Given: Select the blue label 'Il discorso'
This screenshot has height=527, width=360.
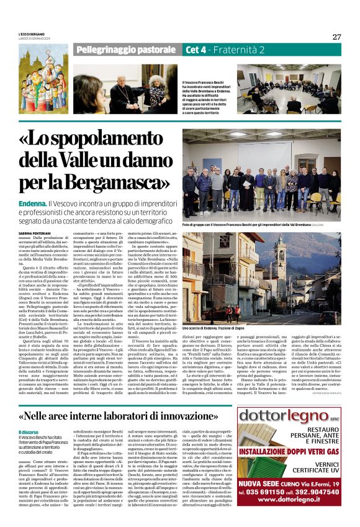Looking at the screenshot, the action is tap(28, 432).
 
